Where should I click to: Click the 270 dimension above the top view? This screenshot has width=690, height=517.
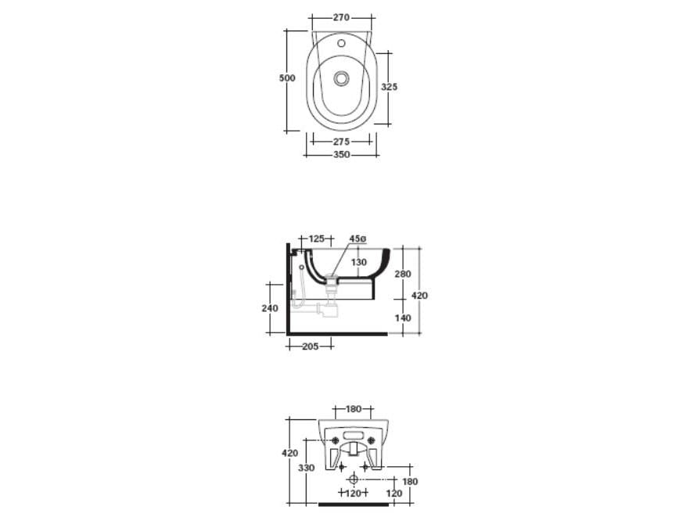(x=341, y=16)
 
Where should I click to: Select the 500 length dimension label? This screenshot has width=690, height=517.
(x=287, y=77)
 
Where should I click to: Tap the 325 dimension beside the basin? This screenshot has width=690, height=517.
(x=389, y=87)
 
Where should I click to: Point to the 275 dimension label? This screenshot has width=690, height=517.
(x=341, y=142)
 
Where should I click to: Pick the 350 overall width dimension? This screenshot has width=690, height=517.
(x=341, y=154)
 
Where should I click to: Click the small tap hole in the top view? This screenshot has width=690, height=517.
(x=341, y=45)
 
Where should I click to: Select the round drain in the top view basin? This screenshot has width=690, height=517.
(x=341, y=78)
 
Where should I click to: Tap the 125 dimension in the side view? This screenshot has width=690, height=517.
(x=316, y=238)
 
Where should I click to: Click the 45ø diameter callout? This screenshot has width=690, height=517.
(x=358, y=238)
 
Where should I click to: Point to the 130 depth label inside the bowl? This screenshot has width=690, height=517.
(x=358, y=263)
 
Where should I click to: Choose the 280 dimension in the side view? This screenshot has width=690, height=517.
(x=402, y=274)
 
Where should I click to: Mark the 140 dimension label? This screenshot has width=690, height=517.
(x=402, y=318)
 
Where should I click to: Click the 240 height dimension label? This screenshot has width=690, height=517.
(x=269, y=308)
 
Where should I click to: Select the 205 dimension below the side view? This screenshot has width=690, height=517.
(x=310, y=346)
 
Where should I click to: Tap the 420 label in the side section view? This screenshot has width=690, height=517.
(x=420, y=296)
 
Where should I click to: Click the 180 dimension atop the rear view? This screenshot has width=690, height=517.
(x=354, y=408)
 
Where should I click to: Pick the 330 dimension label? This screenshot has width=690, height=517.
(x=307, y=467)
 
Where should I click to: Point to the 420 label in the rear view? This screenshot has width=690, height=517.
(x=289, y=453)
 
